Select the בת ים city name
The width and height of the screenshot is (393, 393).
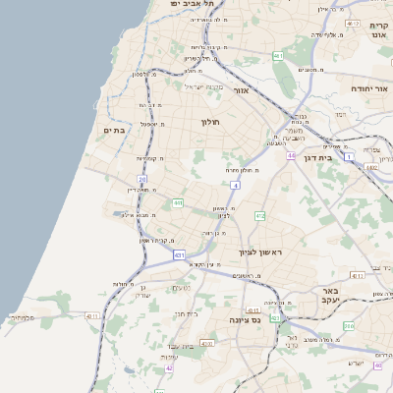pyautogui.click(x=114, y=130)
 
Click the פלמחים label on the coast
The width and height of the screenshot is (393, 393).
pyautogui.click(x=21, y=317)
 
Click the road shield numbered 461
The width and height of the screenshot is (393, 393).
pyautogui.click(x=278, y=56)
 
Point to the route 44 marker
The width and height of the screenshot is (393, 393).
pyautogui.click(x=291, y=155)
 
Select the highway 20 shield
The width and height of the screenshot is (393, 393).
pyautogui.click(x=142, y=180)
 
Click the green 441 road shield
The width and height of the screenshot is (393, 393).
pyautogui.click(x=178, y=203)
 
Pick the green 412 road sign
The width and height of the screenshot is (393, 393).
pyautogui.click(x=259, y=215)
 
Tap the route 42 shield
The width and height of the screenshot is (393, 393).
pyautogui.click(x=169, y=368)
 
